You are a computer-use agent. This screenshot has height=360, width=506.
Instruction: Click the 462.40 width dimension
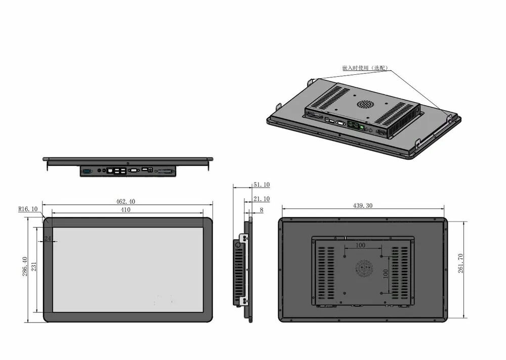[125, 202]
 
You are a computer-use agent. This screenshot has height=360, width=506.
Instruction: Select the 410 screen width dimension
[125, 210]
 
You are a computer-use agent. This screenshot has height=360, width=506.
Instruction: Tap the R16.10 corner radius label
[28, 209]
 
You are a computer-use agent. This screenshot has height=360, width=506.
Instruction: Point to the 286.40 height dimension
[25, 266]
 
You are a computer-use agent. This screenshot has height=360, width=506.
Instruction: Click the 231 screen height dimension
[34, 266]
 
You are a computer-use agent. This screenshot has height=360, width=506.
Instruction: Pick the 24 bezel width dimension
[48, 238]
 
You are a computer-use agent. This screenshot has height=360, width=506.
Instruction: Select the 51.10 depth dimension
[262, 185]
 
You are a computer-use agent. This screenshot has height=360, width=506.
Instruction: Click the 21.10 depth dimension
[262, 199]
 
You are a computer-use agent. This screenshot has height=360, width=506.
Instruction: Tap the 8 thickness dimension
[262, 210]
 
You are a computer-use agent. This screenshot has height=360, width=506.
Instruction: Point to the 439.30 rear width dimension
[363, 206]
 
